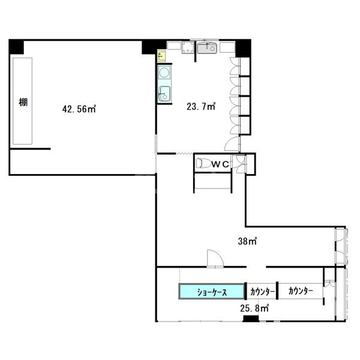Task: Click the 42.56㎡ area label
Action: coord(79,109)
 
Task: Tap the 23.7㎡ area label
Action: coord(201,107)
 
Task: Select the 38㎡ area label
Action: coord(247,241)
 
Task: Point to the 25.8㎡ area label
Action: coord(254,308)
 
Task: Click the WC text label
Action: coord(220,164)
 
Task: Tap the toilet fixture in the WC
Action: coord(203,163)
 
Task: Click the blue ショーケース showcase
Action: coord(211,292)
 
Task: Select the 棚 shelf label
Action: coord(23,102)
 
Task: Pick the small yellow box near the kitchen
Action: coord(161,56)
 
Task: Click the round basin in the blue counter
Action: coord(164,73)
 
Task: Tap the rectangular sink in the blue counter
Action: coord(164,94)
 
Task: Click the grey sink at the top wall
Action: coord(207,48)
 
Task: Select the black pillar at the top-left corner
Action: coord(16,47)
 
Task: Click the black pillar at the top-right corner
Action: coord(243,48)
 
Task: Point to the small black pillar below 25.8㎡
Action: coord(251,319)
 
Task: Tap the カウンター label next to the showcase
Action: coord(262,292)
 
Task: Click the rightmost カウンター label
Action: coord(301,291)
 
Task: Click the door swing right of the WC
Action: coord(239,164)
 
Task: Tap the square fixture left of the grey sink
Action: coord(188,48)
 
